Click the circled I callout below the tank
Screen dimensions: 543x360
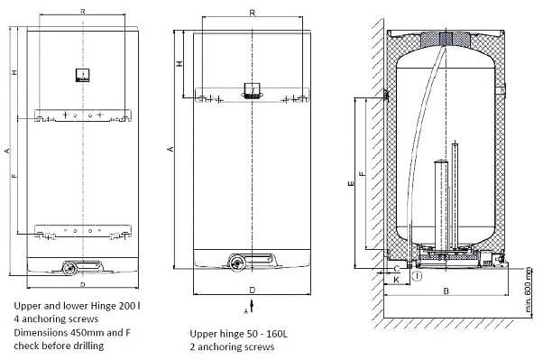[418, 276]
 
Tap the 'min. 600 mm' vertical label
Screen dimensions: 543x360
[528, 290]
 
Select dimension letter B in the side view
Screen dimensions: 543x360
[446, 291]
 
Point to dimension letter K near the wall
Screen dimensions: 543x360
[397, 280]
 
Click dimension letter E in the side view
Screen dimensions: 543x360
[351, 183]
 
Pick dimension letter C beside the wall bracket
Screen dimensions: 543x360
[397, 269]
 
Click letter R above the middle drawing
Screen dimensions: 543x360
[253, 14]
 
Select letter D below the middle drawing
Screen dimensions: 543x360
[253, 290]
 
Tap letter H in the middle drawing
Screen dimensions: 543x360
[179, 64]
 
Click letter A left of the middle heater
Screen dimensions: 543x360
[170, 149]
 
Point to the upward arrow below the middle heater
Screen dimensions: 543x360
[252, 306]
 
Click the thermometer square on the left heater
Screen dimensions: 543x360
[83, 75]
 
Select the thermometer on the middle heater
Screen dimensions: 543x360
[252, 91]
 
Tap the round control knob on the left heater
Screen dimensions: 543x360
[69, 269]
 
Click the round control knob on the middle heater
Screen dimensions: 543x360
[237, 262]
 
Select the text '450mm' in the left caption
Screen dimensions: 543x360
[87, 333]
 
